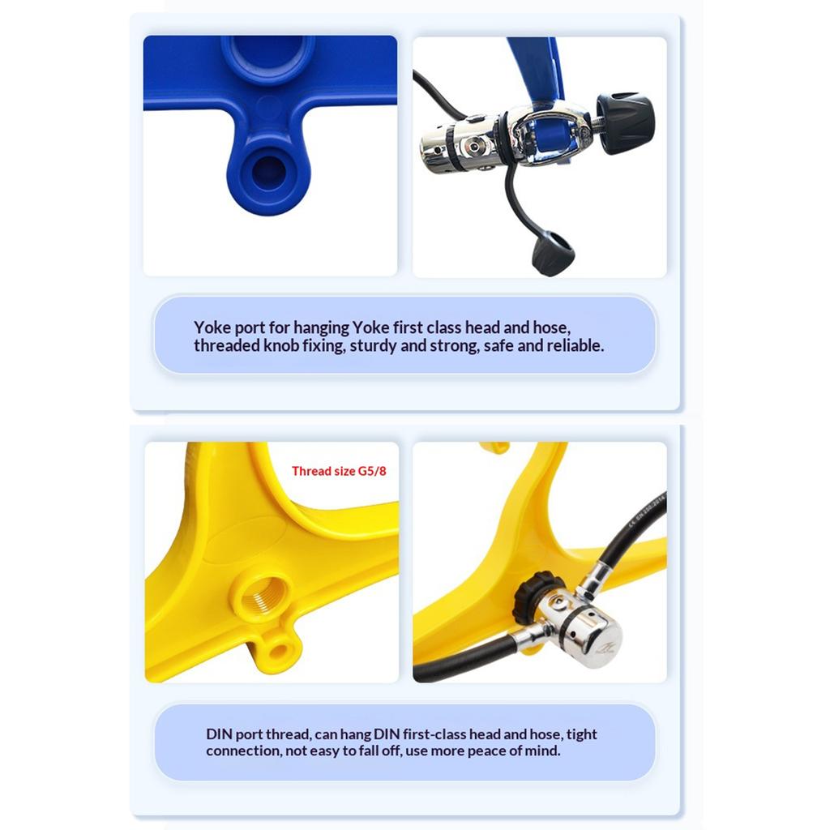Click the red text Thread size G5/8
coord(339,471)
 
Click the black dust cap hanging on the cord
coord(553,253)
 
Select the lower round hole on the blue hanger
coord(268,172)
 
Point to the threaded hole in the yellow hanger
coord(262,597)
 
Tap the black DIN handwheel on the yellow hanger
coord(532,597)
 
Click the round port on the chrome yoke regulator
coord(473,144)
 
